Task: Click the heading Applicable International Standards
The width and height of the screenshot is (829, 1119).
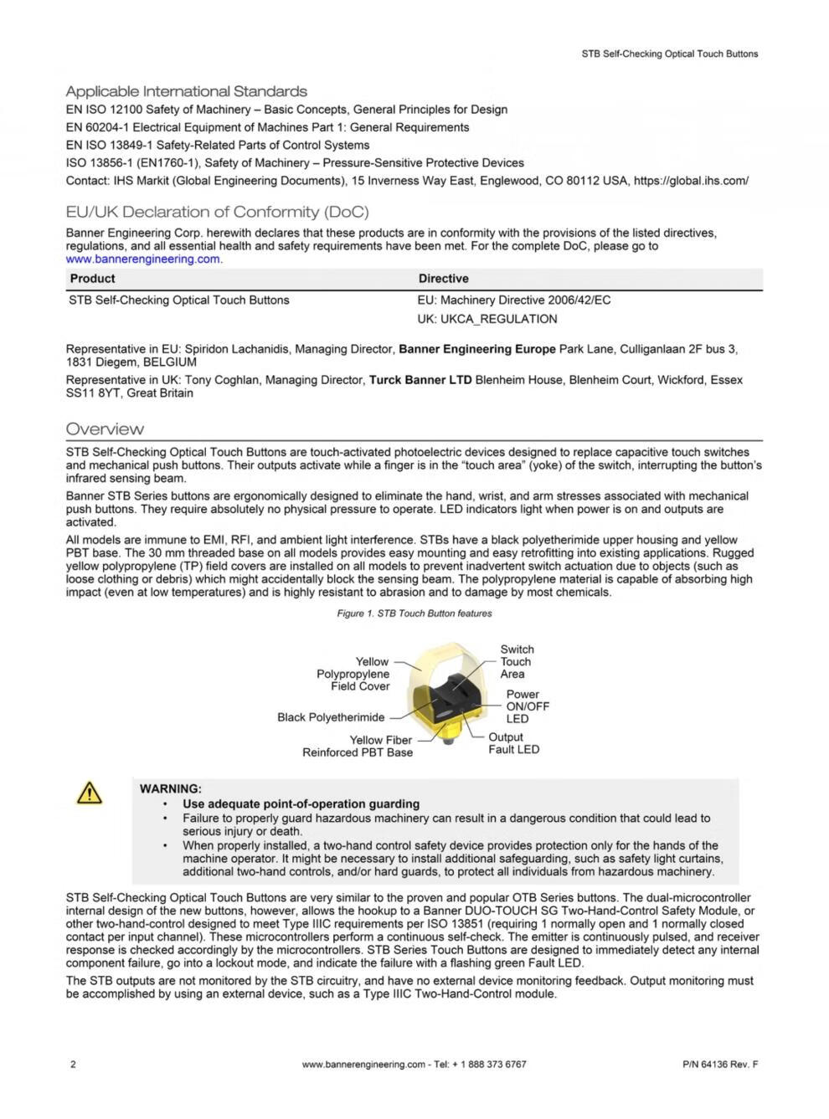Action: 186,91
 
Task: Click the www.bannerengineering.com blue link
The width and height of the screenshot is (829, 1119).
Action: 143,259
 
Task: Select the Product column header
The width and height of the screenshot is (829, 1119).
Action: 92,279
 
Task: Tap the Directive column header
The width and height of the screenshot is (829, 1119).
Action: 443,279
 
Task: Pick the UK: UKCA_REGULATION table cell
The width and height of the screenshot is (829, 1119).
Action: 487,319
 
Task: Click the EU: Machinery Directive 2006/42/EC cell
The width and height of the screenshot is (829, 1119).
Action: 513,300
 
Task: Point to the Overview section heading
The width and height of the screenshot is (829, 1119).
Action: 105,429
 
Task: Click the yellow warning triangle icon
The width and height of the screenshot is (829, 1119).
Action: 89,792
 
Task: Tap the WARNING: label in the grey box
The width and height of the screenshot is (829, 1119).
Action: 170,788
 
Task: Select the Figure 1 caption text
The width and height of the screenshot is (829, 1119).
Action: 414,613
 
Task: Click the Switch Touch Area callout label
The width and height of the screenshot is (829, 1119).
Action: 516,661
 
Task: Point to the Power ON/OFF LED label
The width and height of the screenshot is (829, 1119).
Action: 527,706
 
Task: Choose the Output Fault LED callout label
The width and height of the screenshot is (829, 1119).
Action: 513,743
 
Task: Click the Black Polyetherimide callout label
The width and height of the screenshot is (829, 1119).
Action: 331,717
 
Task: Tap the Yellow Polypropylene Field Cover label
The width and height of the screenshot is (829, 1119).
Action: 353,674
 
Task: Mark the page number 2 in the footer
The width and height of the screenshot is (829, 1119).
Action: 73,1065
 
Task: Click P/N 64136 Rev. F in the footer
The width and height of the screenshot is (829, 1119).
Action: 720,1065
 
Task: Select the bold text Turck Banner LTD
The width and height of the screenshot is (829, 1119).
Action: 420,380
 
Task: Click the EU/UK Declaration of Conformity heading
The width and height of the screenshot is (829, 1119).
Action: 217,212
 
